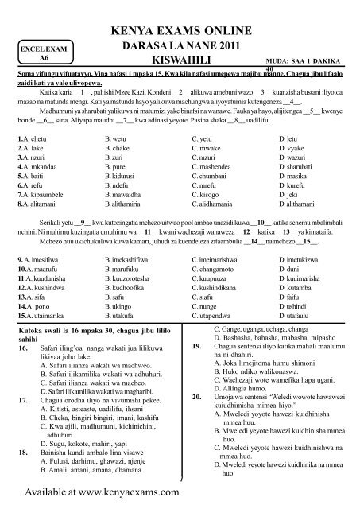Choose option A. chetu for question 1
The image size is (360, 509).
tap(35, 140)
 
